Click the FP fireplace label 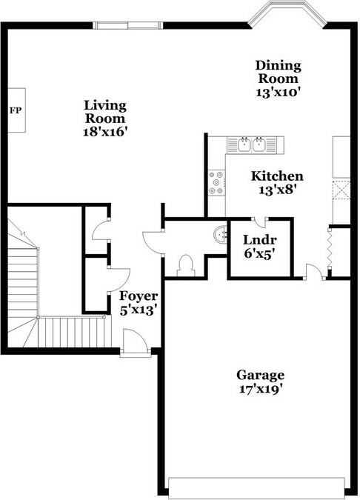pyautogui.click(x=16, y=110)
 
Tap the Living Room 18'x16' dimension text pyautogui.click(x=105, y=132)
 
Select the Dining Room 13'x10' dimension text pyautogui.click(x=279, y=93)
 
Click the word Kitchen pyautogui.click(x=277, y=176)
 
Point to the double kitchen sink pyautogui.click(x=252, y=145)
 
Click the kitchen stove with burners pyautogui.click(x=216, y=183)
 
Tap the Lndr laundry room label pyautogui.click(x=259, y=239)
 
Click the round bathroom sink pyautogui.click(x=220, y=235)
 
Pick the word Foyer pyautogui.click(x=139, y=296)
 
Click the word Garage pyautogui.click(x=261, y=375)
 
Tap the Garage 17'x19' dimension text pyautogui.click(x=261, y=390)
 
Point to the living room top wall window pyautogui.click(x=128, y=25)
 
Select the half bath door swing pyautogui.click(x=153, y=242)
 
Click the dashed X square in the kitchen pyautogui.click(x=341, y=190)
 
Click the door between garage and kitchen pyautogui.click(x=314, y=271)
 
